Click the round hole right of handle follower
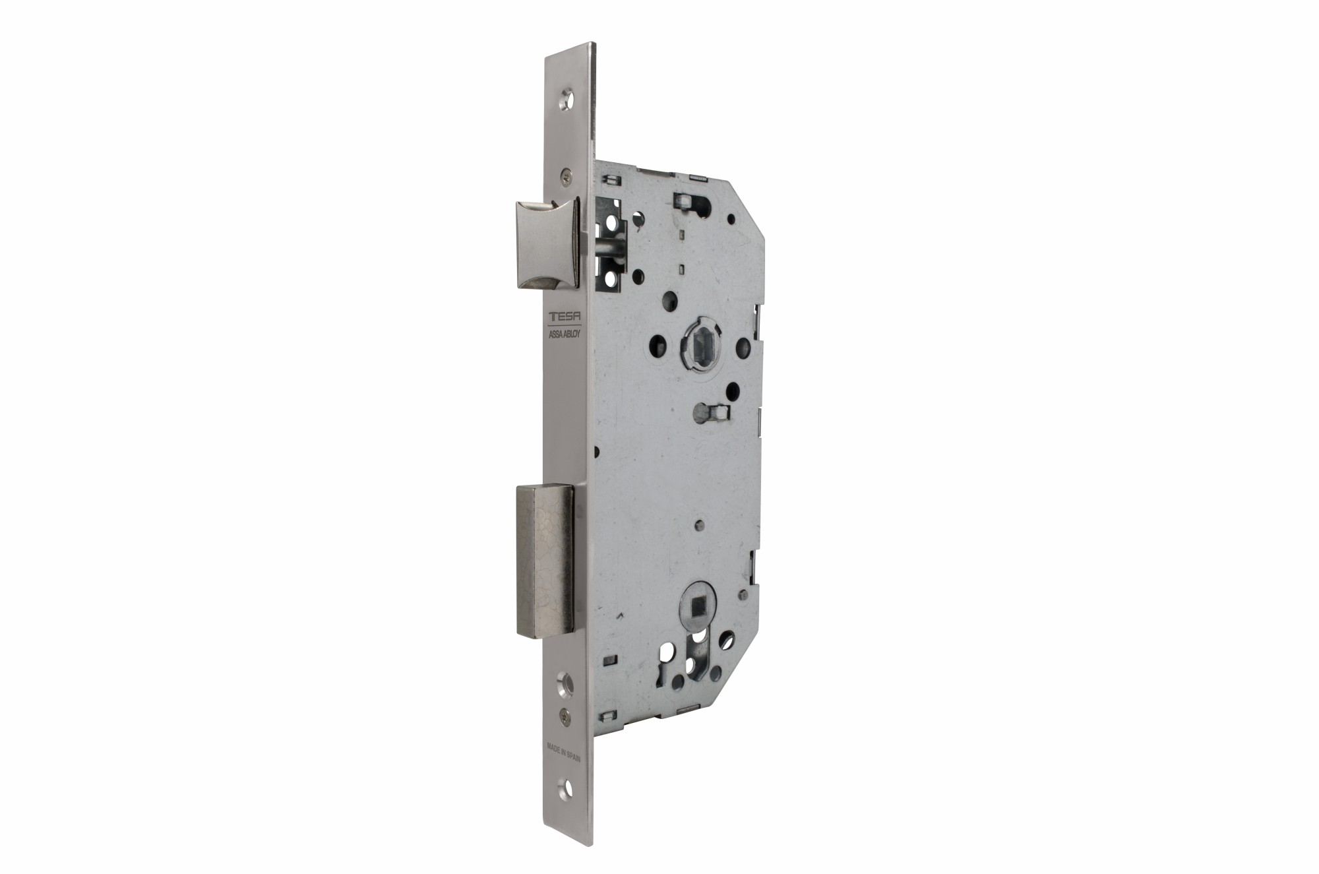pyautogui.click(x=743, y=344)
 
